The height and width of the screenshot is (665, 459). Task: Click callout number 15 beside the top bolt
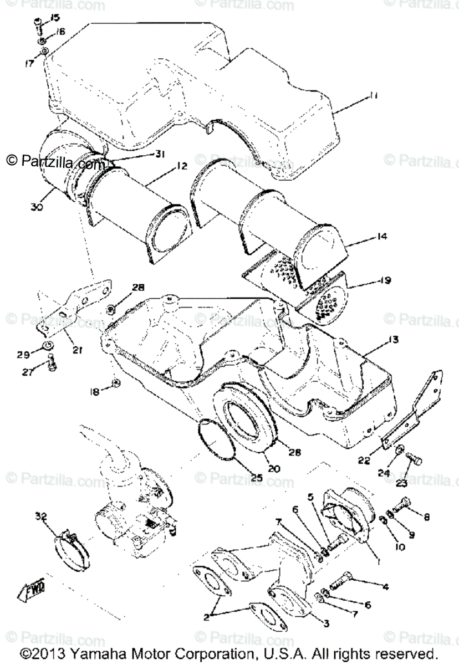(x=54, y=18)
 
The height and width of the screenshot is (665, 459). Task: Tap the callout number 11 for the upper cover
(x=374, y=96)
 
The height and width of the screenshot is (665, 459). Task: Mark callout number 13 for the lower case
(x=378, y=338)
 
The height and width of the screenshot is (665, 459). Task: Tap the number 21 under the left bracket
(x=78, y=350)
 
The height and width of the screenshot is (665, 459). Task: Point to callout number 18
(x=95, y=392)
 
